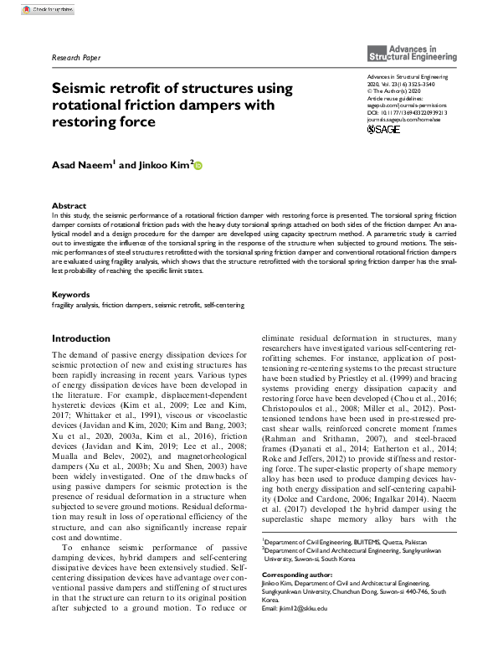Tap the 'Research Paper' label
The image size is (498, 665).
pos(75,58)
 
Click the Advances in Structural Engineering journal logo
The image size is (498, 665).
pos(413,53)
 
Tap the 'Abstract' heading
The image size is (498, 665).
pos(69,205)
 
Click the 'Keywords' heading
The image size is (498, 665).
pos(71,294)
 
